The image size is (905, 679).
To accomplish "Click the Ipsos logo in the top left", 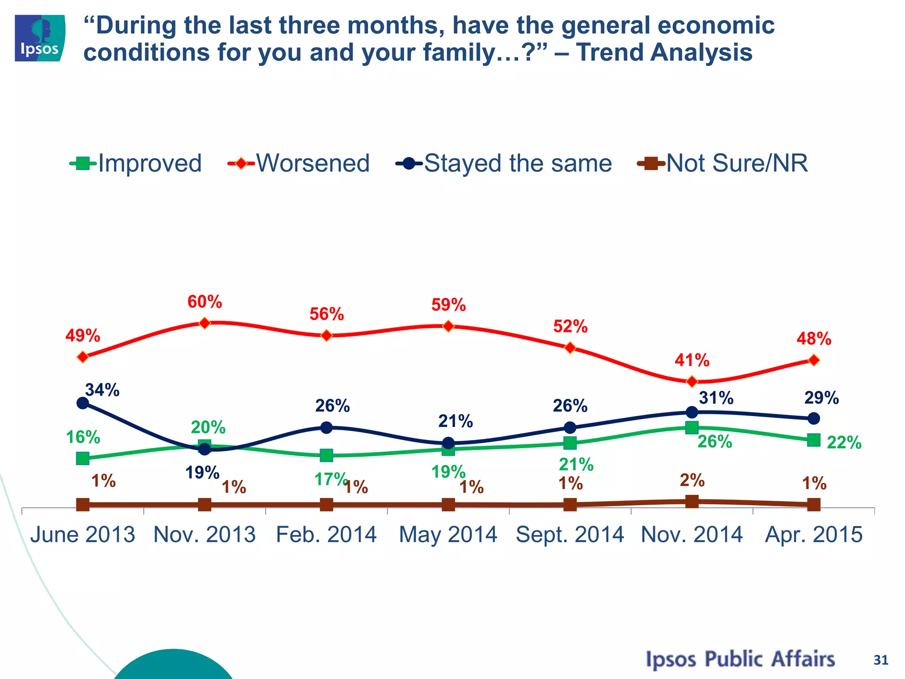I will tap(40, 38).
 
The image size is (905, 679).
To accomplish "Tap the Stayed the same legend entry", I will tap(504, 163).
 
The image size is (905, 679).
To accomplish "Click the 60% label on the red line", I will tap(205, 302).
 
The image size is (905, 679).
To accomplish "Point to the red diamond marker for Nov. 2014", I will tap(692, 381).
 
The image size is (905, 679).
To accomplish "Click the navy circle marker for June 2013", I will tap(83, 403).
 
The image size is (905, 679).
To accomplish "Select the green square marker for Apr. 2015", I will tap(814, 440).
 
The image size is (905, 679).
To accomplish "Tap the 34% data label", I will tap(102, 390).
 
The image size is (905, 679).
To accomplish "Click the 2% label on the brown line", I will tap(692, 480).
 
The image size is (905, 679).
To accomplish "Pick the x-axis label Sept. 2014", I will tap(570, 534).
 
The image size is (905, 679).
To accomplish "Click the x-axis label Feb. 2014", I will tap(326, 534).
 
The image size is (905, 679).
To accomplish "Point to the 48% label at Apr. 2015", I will tap(814, 339).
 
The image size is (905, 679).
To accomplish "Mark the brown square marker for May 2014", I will tap(448, 504).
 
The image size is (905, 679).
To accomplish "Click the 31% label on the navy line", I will tap(716, 398).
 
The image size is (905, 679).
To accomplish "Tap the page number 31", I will tap(881, 660).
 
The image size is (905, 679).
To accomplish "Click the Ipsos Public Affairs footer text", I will tap(740, 659).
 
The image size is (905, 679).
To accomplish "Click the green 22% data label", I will tap(844, 442).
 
